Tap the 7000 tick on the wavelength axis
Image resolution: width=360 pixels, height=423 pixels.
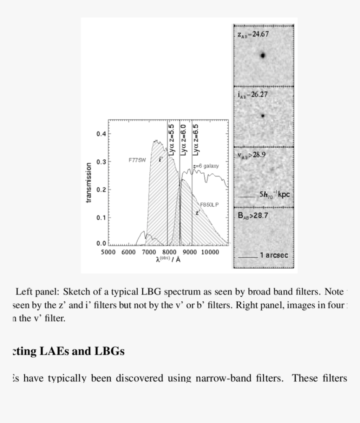pyautogui.click(x=149, y=252)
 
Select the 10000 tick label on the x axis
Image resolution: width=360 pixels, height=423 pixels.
pyautogui.click(x=210, y=252)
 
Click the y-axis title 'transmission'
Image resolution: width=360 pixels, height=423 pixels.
pyautogui.click(x=88, y=182)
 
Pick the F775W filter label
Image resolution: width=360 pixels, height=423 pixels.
pyautogui.click(x=137, y=160)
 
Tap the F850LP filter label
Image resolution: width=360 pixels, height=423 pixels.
pyautogui.click(x=209, y=205)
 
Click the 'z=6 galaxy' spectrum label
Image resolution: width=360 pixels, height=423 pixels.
pyautogui.click(x=206, y=166)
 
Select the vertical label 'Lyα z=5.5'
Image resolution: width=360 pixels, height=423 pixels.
pyautogui.click(x=171, y=140)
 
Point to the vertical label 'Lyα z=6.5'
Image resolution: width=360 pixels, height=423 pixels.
pyautogui.click(x=196, y=140)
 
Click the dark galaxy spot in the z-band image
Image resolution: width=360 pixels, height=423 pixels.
pyautogui.click(x=262, y=55)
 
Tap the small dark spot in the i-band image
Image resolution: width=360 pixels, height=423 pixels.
pyautogui.click(x=262, y=116)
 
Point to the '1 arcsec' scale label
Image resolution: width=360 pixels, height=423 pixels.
pyautogui.click(x=274, y=255)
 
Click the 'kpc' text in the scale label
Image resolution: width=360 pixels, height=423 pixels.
pyautogui.click(x=283, y=195)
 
